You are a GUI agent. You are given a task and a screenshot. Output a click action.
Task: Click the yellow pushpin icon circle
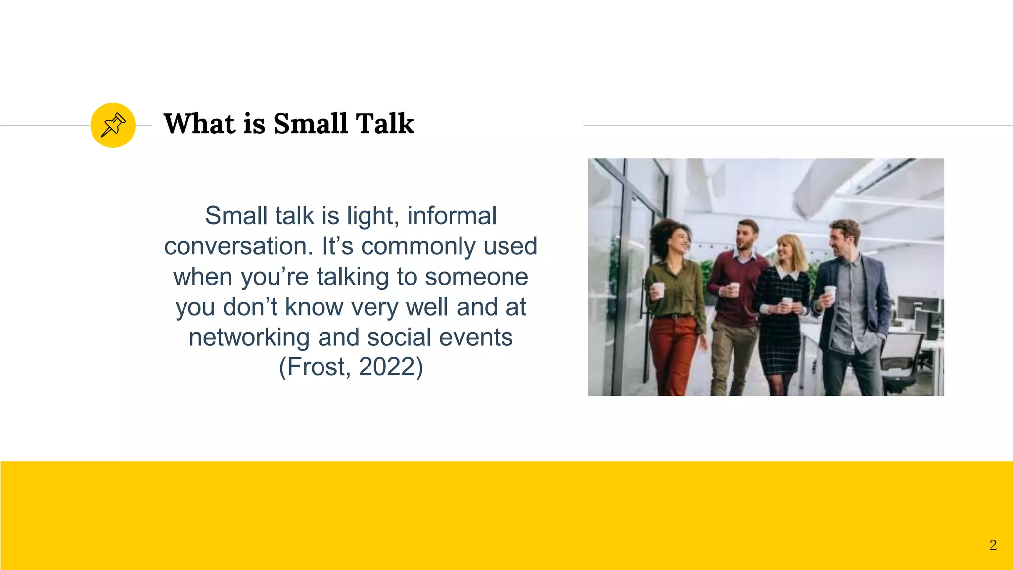113,125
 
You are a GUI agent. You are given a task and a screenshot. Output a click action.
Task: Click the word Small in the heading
310,124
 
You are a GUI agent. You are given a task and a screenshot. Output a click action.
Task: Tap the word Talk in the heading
384,124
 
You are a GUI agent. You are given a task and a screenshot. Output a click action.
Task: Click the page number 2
993,545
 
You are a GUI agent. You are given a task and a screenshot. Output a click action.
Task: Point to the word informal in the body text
452,216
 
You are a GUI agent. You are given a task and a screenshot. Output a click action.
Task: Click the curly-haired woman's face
679,242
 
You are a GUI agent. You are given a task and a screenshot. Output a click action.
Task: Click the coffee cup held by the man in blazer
830,293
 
